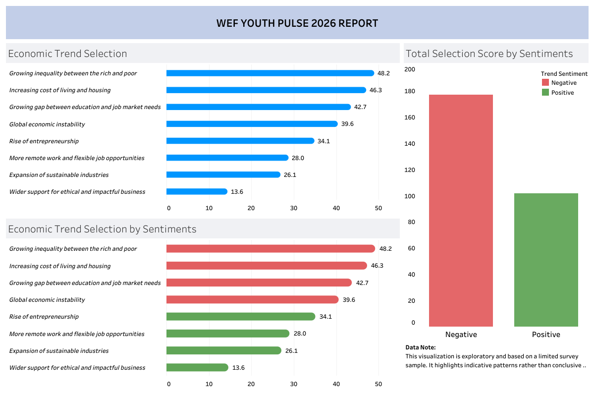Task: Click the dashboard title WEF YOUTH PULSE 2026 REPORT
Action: [297, 23]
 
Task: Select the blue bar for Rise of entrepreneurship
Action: [240, 141]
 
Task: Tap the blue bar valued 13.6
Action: [197, 191]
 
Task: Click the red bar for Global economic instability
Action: [252, 299]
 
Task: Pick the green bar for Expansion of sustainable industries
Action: [223, 350]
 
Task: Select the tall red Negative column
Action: [461, 210]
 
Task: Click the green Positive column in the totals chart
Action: [546, 260]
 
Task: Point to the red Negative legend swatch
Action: [545, 83]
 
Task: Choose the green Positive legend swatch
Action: [545, 92]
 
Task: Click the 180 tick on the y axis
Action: [410, 92]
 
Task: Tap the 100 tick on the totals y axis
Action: [410, 196]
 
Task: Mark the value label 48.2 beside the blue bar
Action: [383, 73]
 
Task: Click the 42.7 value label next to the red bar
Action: [362, 283]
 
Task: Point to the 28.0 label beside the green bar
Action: [300, 334]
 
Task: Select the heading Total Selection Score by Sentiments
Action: [488, 54]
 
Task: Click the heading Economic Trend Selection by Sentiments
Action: [102, 229]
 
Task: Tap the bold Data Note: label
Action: [421, 347]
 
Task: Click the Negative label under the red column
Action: [461, 335]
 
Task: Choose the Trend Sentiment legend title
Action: [564, 74]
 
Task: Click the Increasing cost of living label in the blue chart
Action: [60, 90]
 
